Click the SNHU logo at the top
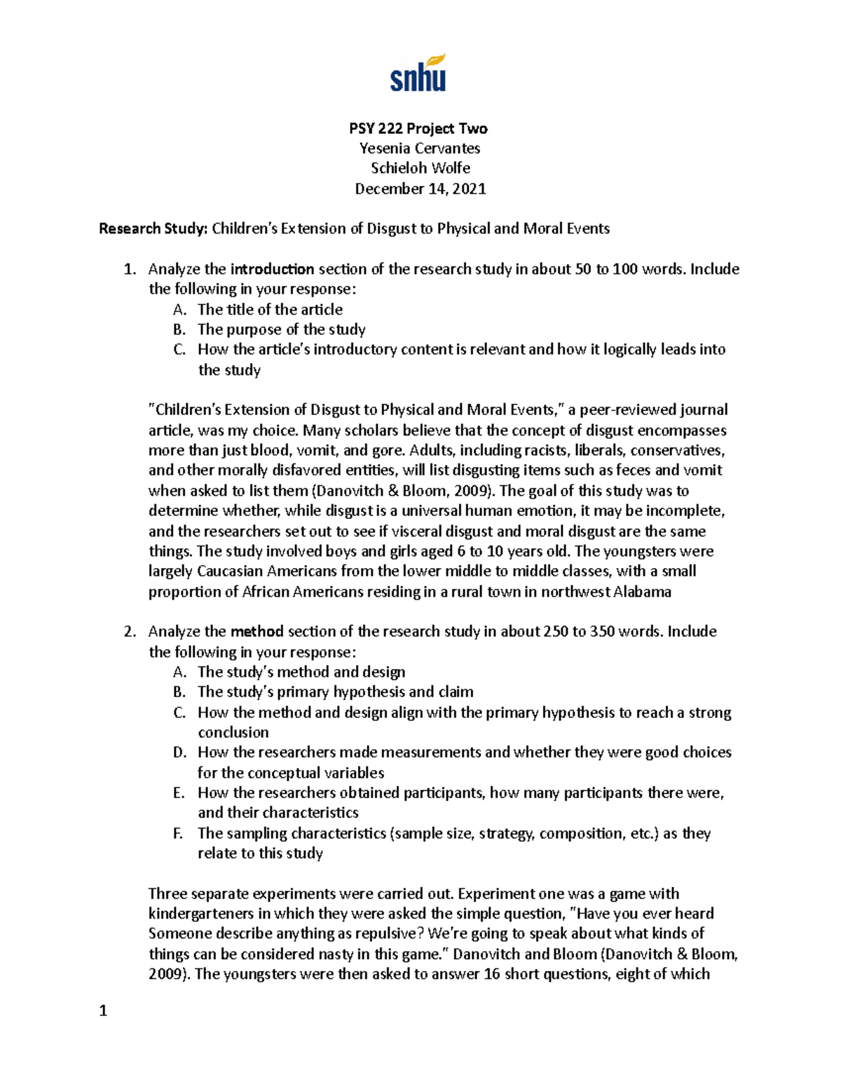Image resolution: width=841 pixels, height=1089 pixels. [418, 74]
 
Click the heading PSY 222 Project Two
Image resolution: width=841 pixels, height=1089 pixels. [418, 128]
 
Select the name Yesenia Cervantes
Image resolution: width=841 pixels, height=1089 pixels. [419, 148]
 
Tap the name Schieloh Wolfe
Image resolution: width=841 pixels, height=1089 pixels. [420, 168]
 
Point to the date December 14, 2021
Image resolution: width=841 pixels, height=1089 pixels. [420, 189]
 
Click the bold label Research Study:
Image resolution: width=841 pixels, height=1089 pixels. [153, 229]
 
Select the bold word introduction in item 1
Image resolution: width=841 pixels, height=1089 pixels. [272, 269]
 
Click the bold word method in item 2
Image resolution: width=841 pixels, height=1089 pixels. [257, 631]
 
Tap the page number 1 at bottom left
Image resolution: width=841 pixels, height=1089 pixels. [103, 1010]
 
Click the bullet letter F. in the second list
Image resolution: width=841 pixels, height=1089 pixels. [178, 833]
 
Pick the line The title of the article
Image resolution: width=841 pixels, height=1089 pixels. [270, 309]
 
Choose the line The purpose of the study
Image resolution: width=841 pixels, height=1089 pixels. [281, 330]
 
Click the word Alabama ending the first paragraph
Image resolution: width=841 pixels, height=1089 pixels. [642, 592]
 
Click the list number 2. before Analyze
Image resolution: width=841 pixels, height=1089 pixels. [130, 631]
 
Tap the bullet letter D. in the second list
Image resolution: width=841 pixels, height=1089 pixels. [179, 752]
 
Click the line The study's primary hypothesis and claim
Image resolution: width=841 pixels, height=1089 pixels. [335, 692]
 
